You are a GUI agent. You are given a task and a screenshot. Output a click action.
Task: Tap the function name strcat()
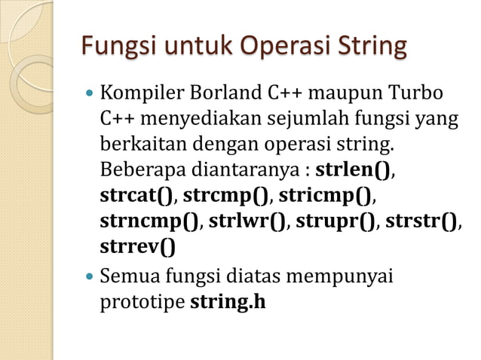[136, 196]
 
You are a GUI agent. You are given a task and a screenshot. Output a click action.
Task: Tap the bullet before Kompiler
[90, 96]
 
